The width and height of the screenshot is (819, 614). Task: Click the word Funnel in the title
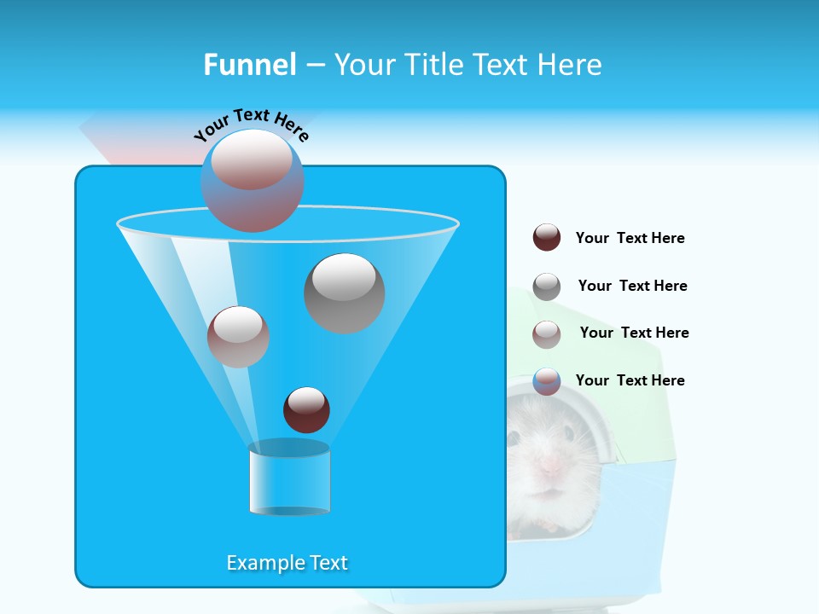point(250,65)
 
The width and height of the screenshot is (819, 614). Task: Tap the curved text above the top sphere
point(252,123)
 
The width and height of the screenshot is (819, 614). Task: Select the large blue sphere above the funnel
point(252,181)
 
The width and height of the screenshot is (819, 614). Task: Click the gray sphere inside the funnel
point(344,293)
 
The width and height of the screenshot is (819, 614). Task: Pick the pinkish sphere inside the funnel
point(238,337)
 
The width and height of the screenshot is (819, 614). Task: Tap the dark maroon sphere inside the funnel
point(306,409)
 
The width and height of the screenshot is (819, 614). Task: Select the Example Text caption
point(287,563)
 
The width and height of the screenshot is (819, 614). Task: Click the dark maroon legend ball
point(547,238)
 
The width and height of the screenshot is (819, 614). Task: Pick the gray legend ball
point(547,287)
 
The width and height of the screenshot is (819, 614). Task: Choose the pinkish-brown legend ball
point(547,334)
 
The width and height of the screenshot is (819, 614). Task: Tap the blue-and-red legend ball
point(547,381)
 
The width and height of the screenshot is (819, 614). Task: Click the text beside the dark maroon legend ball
point(630,238)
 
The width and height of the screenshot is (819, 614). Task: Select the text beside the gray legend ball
point(632,286)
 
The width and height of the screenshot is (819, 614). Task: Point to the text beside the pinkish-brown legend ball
point(634,333)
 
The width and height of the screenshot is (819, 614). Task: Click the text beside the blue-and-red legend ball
point(630,380)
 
